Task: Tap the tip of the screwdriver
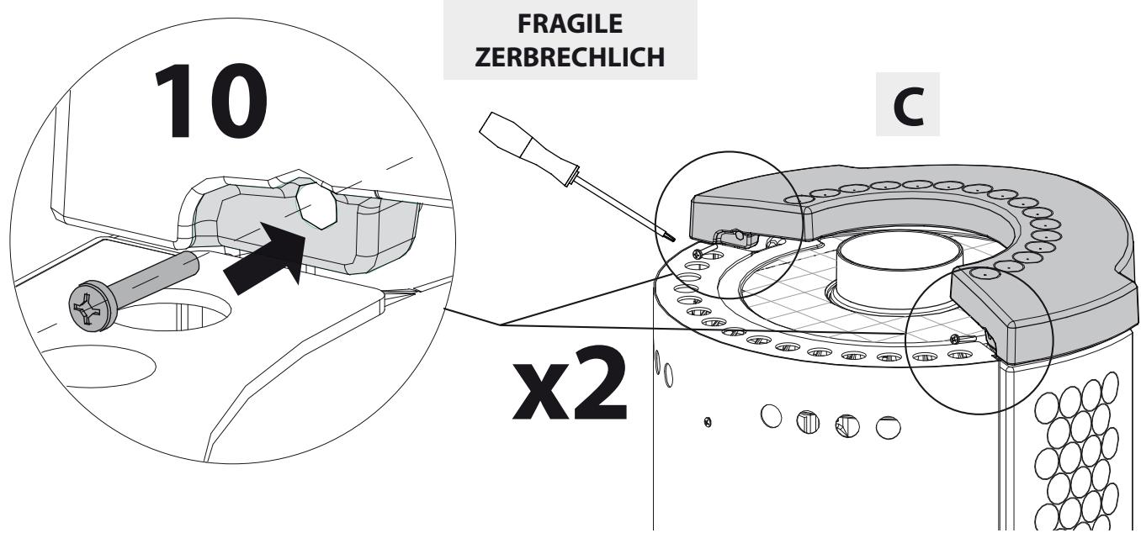pos(669,239)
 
